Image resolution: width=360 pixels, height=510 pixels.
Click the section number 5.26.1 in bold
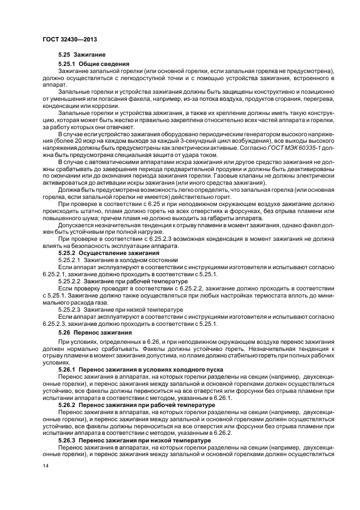[x=68, y=369]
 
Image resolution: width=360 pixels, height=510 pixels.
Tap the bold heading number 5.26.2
[x=68, y=405]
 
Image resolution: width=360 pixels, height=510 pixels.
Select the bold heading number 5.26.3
[x=68, y=439]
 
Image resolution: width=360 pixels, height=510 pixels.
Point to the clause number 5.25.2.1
[x=69, y=260]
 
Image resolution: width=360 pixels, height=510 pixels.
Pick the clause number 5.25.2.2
[x=69, y=281]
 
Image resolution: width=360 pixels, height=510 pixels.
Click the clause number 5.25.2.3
[x=69, y=309]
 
